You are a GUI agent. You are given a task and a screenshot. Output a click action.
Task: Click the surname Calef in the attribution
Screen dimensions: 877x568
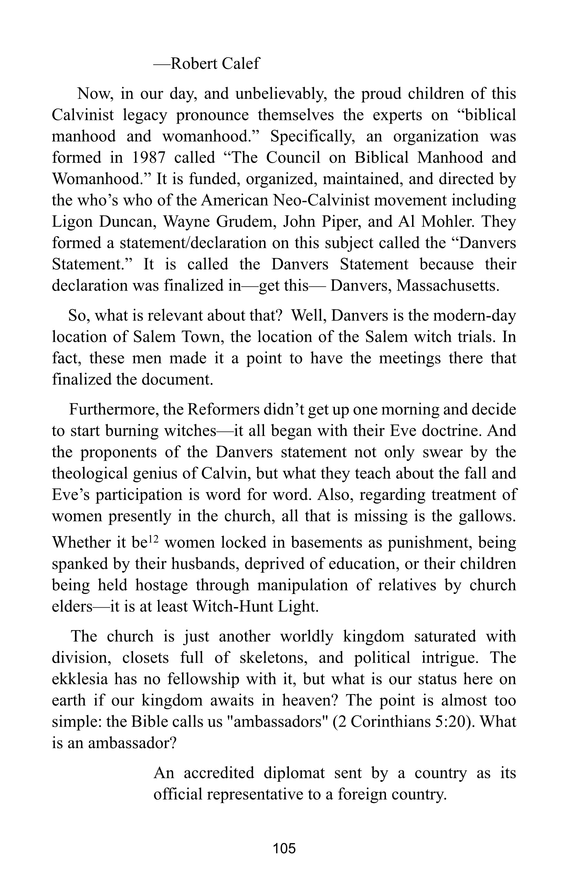(x=241, y=64)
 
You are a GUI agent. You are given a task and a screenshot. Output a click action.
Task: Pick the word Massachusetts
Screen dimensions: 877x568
(x=448, y=286)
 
